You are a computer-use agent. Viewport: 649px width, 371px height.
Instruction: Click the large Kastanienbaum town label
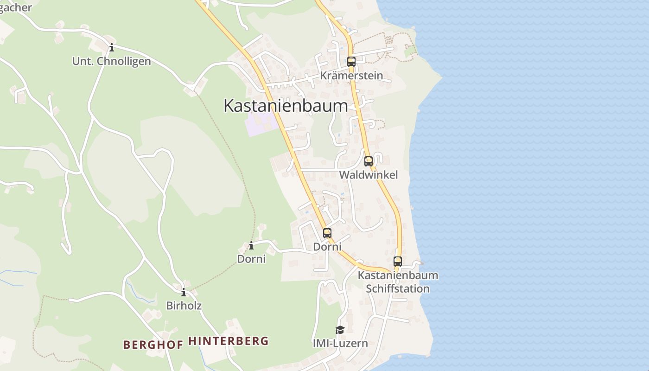click(x=286, y=106)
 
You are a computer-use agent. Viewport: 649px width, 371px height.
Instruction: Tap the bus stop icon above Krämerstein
click(x=351, y=61)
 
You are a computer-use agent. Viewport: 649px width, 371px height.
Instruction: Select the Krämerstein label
click(x=351, y=76)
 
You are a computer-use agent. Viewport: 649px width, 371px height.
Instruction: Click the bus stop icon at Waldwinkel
click(x=369, y=161)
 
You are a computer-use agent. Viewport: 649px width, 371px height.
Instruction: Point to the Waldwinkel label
click(x=369, y=175)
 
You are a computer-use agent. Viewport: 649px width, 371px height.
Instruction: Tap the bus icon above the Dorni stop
click(x=327, y=233)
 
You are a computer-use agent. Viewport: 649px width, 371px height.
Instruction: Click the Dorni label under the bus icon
click(x=327, y=247)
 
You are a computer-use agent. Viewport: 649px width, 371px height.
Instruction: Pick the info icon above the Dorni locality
click(x=251, y=246)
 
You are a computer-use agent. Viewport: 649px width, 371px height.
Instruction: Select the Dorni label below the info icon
click(x=251, y=259)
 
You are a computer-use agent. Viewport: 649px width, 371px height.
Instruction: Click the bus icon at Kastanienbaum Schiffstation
click(x=398, y=261)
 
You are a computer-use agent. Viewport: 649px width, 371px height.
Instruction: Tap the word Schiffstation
click(x=398, y=288)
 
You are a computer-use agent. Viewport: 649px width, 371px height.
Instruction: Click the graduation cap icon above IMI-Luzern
click(x=340, y=330)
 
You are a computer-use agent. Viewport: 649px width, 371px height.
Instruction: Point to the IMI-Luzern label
click(x=340, y=343)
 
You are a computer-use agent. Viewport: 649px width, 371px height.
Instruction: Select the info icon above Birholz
click(x=184, y=293)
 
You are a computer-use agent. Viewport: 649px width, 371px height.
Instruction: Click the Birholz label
click(x=184, y=306)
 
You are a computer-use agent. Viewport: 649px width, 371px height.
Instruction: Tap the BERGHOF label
click(x=153, y=344)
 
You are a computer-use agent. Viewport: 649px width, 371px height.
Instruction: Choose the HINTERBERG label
click(x=229, y=341)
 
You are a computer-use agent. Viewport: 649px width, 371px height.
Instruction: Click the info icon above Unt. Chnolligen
click(x=112, y=48)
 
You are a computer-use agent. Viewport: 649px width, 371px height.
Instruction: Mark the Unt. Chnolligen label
click(x=112, y=61)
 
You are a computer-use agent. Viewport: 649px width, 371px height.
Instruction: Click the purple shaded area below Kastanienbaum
click(x=260, y=124)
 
